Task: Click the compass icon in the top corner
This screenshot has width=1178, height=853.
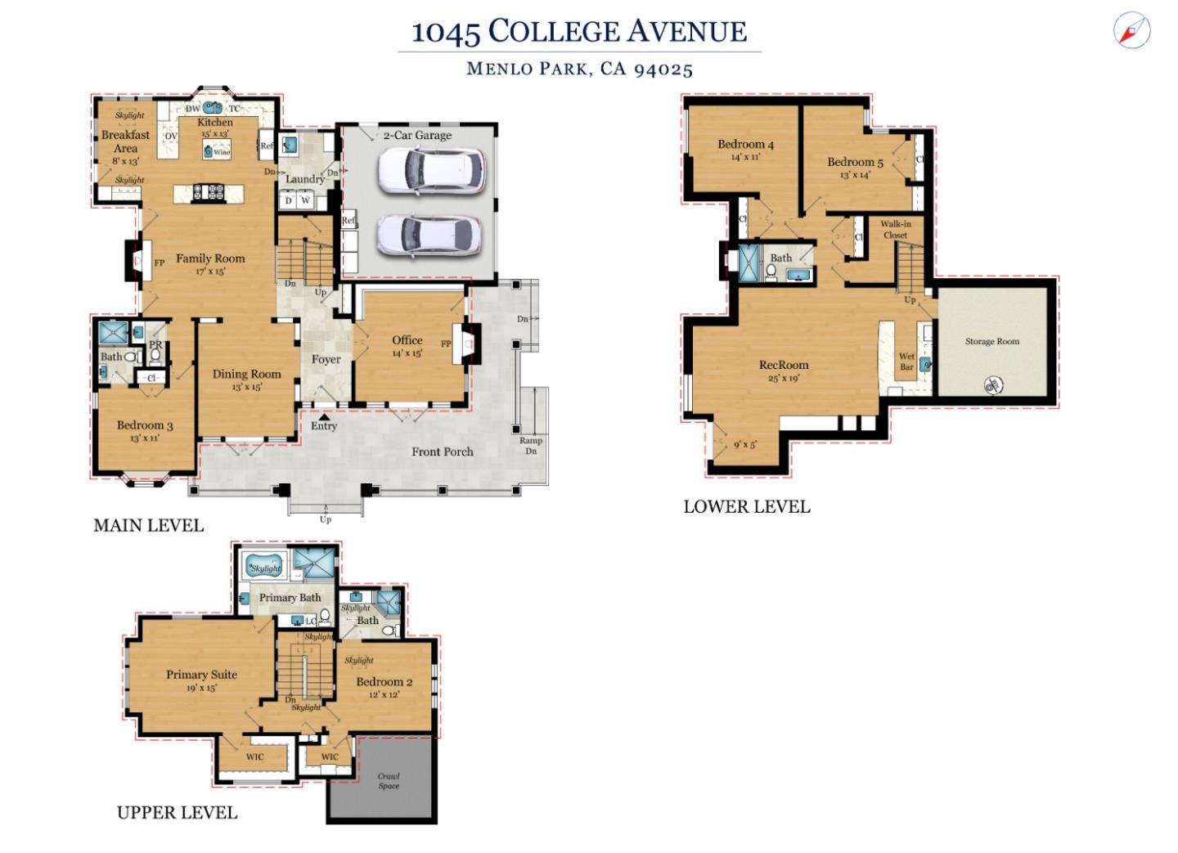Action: (x=1131, y=31)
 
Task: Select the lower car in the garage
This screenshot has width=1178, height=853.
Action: (x=429, y=236)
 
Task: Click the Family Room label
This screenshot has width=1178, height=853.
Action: (x=210, y=258)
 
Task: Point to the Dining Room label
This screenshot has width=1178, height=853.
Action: (x=246, y=375)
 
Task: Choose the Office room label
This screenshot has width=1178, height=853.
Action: (x=407, y=340)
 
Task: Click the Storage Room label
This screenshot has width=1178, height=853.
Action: (x=991, y=342)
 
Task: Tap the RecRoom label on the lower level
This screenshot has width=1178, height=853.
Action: (x=783, y=366)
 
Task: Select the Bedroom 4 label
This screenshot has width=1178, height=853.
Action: (x=745, y=145)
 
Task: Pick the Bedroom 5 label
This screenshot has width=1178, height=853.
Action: (x=855, y=162)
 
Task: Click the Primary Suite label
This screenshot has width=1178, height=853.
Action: (x=201, y=675)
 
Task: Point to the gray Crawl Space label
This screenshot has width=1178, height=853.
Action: (x=389, y=781)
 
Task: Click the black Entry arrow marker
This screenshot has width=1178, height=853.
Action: (x=325, y=416)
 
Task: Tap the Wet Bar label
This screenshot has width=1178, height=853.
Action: (x=906, y=361)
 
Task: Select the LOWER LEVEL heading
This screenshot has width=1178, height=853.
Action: (x=746, y=507)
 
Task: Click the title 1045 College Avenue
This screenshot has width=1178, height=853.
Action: (x=578, y=32)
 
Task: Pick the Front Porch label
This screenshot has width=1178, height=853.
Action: (x=442, y=451)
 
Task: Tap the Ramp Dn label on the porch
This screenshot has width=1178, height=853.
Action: (x=531, y=446)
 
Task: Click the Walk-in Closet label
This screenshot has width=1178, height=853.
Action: (x=895, y=229)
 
